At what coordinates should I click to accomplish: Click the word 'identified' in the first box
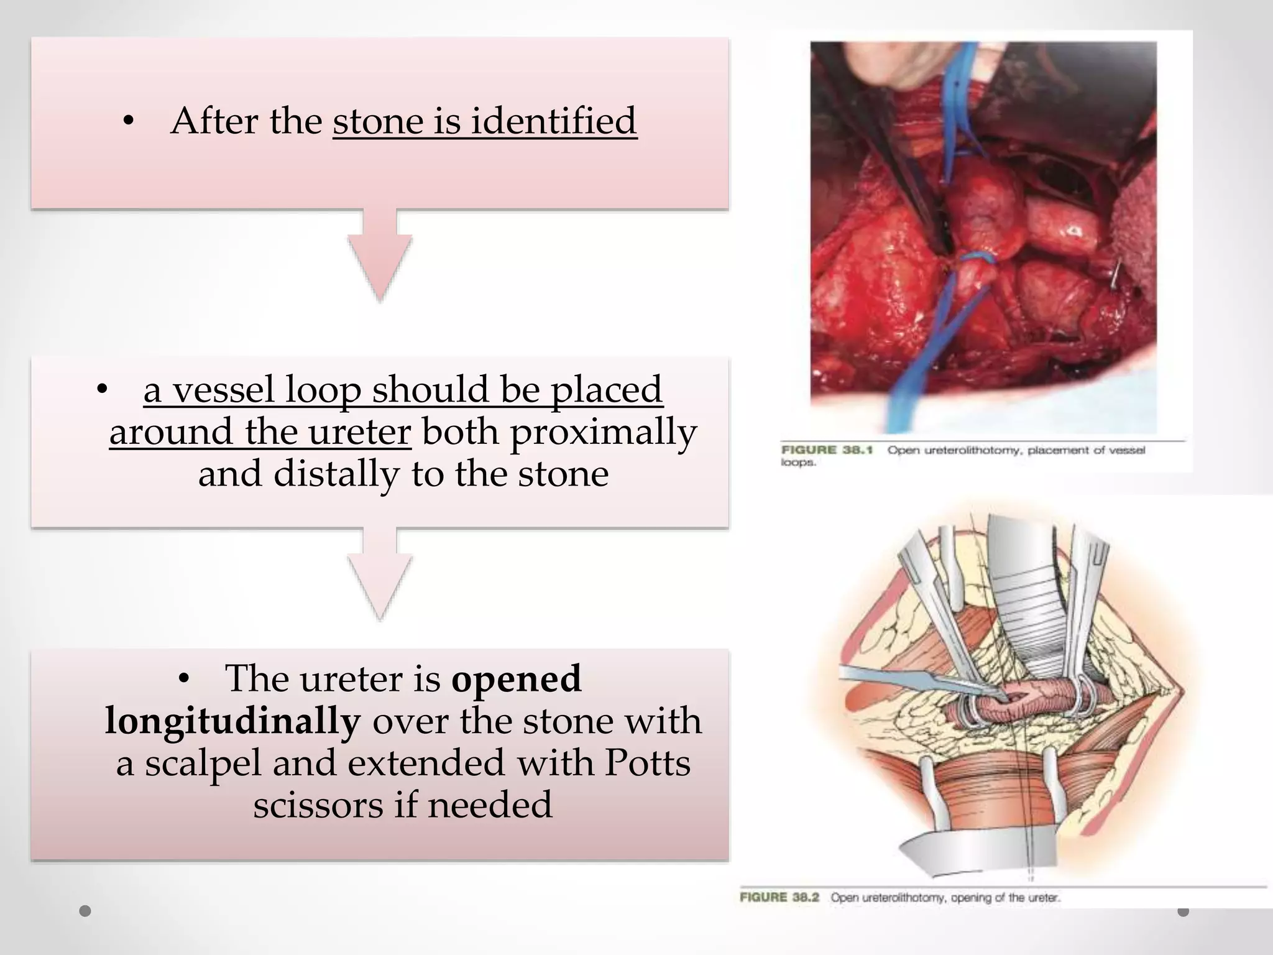[x=553, y=121]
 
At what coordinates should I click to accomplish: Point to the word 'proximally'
[x=603, y=433]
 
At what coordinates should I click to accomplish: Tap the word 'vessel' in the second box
[x=223, y=390]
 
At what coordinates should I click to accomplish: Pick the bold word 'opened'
[x=516, y=678]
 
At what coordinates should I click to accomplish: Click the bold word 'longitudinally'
[x=232, y=721]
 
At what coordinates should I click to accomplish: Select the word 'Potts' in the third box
[x=646, y=763]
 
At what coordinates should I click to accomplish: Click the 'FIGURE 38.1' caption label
[x=827, y=450]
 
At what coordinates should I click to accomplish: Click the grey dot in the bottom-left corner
[x=86, y=911]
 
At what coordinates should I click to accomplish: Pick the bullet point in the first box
[x=129, y=122]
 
